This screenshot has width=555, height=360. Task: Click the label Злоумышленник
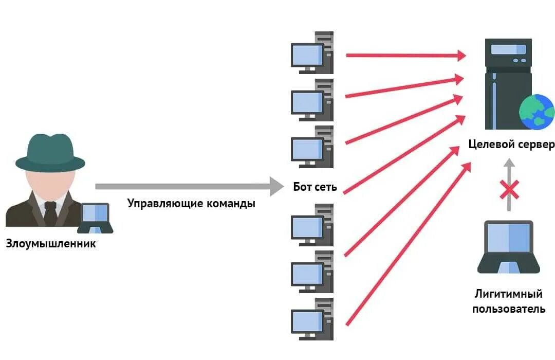[51, 243]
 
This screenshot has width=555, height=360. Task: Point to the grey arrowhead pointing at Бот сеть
[276, 186]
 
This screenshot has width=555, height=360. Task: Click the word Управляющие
[158, 203]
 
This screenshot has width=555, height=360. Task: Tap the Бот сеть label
[315, 187]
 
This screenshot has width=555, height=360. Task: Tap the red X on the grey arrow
[509, 190]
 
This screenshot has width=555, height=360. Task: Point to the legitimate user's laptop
[508, 247]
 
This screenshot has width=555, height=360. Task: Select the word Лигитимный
[508, 294]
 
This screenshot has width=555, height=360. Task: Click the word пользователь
[508, 309]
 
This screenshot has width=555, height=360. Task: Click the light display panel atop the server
[508, 49]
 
